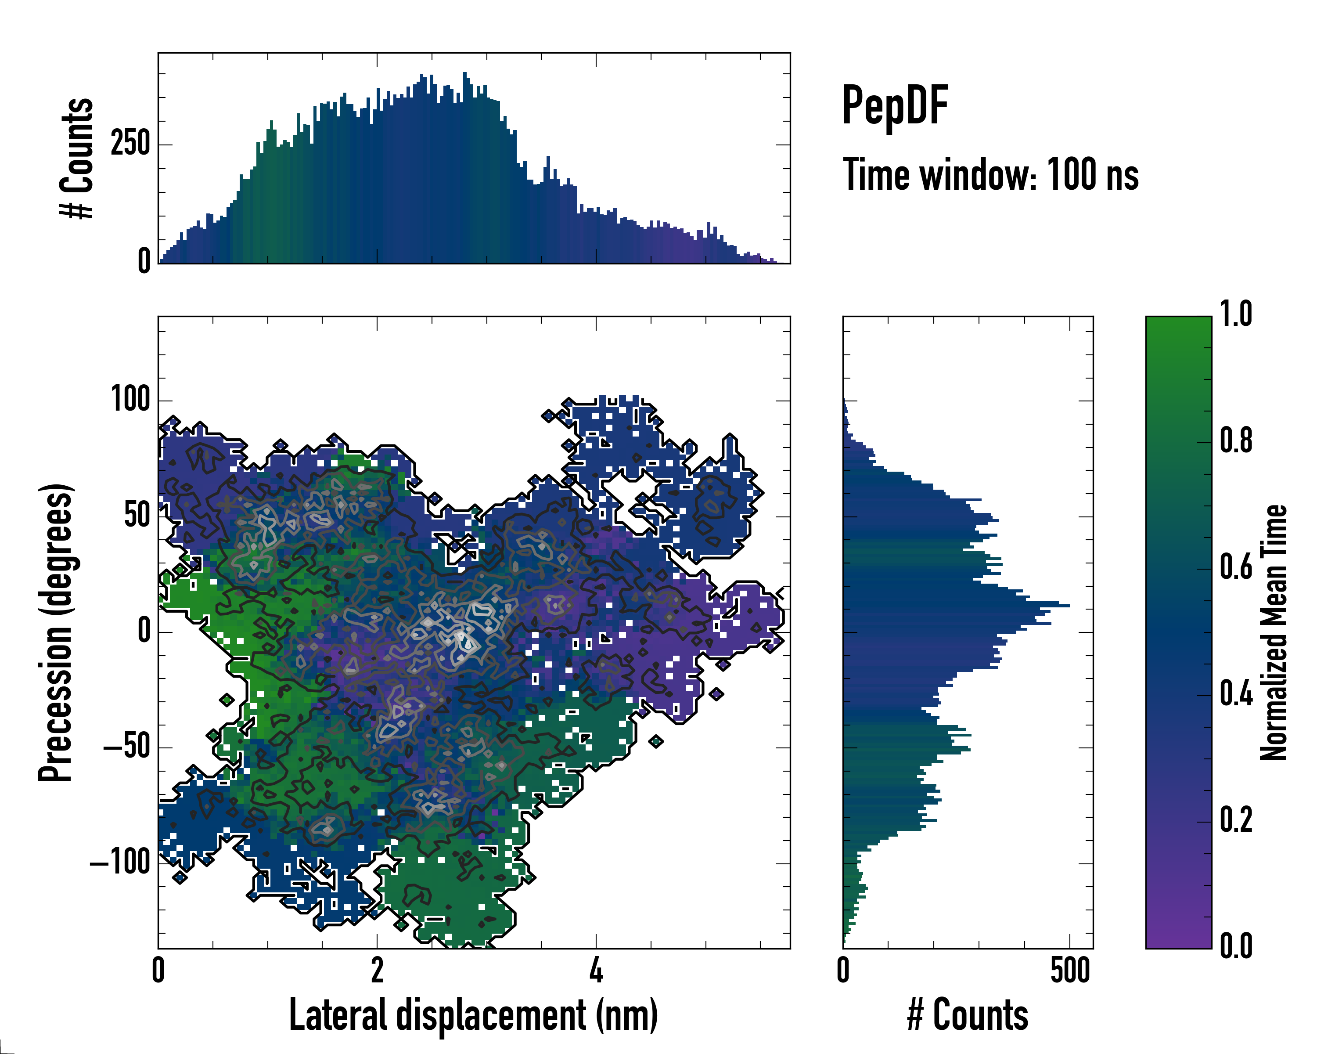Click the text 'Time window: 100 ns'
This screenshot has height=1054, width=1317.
(991, 175)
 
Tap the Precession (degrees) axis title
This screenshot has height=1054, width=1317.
(56, 632)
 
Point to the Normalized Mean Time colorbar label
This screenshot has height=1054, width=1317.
(1274, 632)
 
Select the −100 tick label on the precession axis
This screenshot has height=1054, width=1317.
(120, 863)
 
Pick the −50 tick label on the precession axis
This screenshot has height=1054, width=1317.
(126, 747)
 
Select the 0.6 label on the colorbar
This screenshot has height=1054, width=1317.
(1236, 568)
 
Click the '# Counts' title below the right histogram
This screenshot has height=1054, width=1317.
(968, 1015)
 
